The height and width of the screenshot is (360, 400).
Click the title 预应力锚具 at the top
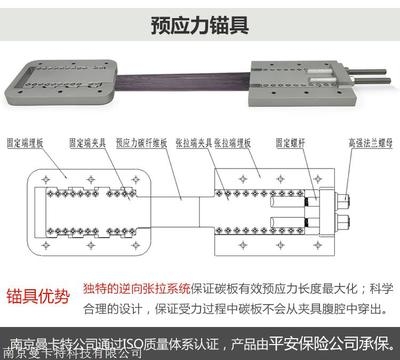click(x=199, y=22)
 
